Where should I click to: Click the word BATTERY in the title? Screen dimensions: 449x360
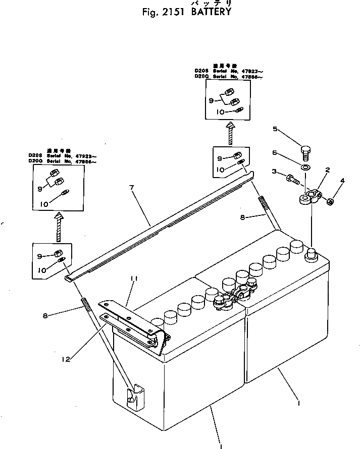coord(211,12)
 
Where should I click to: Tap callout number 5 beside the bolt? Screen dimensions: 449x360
coord(275,129)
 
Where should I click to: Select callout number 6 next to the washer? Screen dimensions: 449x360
coord(275,151)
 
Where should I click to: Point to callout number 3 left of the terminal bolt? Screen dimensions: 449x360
coord(275,172)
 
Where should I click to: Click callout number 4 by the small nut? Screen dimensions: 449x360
coord(343,180)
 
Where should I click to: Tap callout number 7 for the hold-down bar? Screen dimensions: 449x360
coord(132,188)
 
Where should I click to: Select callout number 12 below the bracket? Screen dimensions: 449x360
coord(66,359)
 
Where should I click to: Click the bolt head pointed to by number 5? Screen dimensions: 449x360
coord(305,150)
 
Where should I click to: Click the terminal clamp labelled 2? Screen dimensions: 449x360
coord(309,195)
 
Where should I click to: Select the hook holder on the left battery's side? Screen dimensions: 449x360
coord(133,397)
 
